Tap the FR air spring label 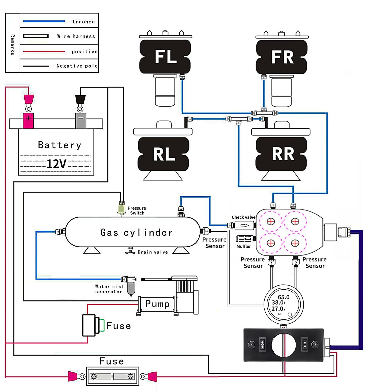tap(282, 57)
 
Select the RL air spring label tap(164, 154)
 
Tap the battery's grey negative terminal tap(80, 120)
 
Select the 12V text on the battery tap(56, 164)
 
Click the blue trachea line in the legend tap(44, 21)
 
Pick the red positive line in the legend tap(44, 52)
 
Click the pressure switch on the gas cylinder tap(121, 209)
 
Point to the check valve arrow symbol tap(245, 225)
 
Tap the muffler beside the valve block tap(245, 239)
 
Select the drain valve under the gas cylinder tap(130, 251)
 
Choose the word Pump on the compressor tap(157, 304)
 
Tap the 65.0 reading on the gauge tap(283, 297)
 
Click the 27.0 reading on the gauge tap(277, 309)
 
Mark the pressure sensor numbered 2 tap(296, 262)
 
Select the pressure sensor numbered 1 tap(272, 262)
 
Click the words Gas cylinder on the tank tap(137, 232)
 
